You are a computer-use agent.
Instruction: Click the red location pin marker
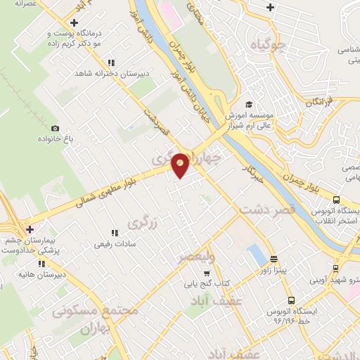[181, 165]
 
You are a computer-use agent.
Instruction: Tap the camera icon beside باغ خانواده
[56, 128]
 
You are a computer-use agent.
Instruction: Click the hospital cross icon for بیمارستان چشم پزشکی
[29, 229]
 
